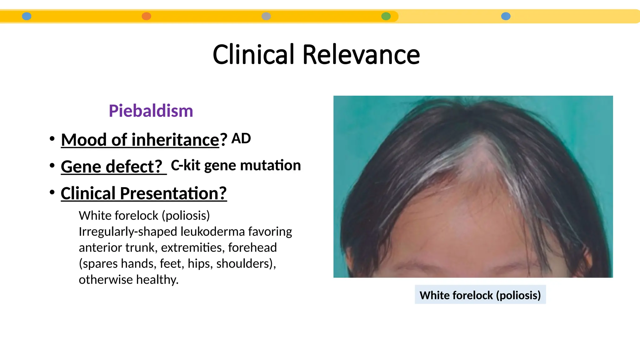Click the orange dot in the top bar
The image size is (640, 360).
[x=146, y=16]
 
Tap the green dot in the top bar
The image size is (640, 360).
[x=386, y=16]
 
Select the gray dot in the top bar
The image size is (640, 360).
[x=266, y=16]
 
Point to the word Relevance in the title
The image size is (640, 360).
[x=361, y=55]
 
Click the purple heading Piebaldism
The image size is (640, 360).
[x=151, y=111]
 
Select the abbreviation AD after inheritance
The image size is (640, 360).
[x=241, y=138]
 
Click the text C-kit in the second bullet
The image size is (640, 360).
[x=185, y=165]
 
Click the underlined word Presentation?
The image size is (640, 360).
[x=173, y=193]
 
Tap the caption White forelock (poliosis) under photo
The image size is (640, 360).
[x=480, y=295]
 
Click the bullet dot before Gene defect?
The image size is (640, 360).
[x=52, y=165]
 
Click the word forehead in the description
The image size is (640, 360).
[x=252, y=247]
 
